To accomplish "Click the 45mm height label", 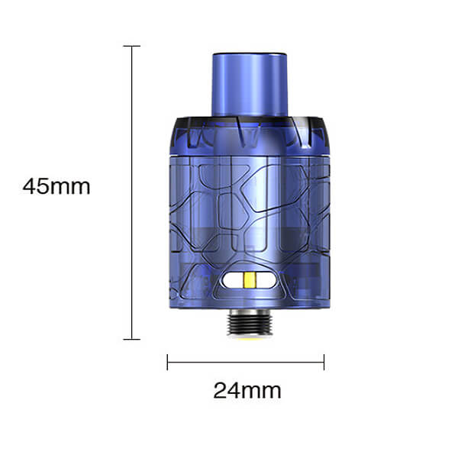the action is (56, 187).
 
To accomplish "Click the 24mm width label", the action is (247, 391).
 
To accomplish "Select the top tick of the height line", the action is (132, 46).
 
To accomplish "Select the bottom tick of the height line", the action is (132, 340).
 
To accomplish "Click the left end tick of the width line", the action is (167, 362).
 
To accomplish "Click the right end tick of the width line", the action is (324, 362).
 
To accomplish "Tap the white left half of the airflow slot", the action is (234, 280).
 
